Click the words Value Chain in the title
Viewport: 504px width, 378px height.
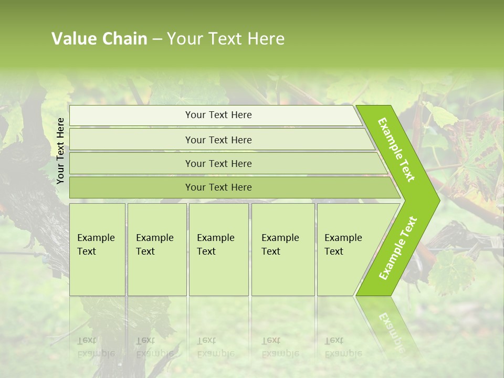click(99, 39)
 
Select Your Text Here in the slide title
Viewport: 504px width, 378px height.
click(226, 39)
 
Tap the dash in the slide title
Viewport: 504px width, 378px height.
click(157, 39)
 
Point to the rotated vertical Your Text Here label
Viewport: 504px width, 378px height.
click(61, 151)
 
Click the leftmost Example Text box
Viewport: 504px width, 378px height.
click(97, 249)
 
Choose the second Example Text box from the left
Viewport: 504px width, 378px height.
click(156, 249)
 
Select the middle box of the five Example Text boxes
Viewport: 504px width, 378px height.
click(218, 249)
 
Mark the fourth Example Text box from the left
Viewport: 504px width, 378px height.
click(282, 249)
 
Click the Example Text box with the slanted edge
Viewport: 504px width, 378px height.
click(346, 249)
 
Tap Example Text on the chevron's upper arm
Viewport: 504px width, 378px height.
click(396, 150)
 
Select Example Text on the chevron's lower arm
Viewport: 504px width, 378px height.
click(398, 248)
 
